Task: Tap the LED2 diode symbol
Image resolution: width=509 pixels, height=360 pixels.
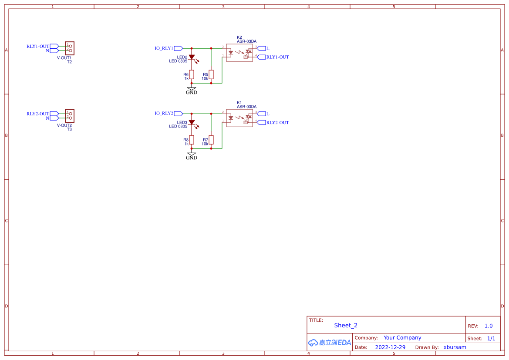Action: [192, 57]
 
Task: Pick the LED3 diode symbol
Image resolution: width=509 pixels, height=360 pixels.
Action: [192, 122]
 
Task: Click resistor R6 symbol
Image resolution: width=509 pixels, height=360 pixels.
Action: [192, 74]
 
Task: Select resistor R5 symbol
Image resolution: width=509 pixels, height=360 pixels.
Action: [211, 74]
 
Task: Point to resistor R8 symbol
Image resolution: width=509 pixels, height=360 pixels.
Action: [192, 139]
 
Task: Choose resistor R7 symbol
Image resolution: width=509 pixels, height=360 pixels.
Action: [211, 139]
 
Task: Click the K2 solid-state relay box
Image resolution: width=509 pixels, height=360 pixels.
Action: [239, 53]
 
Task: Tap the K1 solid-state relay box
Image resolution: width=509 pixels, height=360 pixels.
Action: [239, 118]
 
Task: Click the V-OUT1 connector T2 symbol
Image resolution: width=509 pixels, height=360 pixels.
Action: [70, 48]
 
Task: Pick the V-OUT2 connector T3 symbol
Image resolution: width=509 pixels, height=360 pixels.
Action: [70, 116]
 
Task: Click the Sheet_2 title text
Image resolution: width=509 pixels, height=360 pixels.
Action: [346, 325]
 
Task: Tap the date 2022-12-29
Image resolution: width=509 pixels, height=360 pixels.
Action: [390, 347]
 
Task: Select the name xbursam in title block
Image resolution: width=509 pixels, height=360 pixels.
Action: [455, 347]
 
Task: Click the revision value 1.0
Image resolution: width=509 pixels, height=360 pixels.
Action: [489, 326]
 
